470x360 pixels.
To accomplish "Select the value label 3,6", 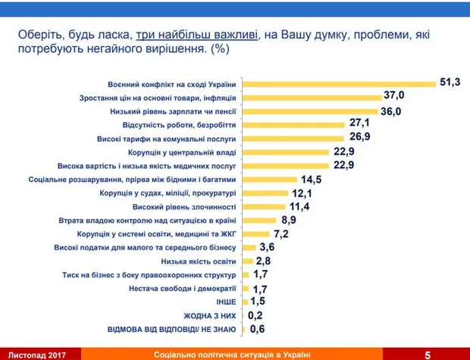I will click(268, 247).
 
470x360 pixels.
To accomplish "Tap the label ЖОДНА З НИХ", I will click(211, 315).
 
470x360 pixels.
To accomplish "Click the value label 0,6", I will click(258, 329).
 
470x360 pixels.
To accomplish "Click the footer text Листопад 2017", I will click(33, 354).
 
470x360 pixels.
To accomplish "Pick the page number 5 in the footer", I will click(428, 354).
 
